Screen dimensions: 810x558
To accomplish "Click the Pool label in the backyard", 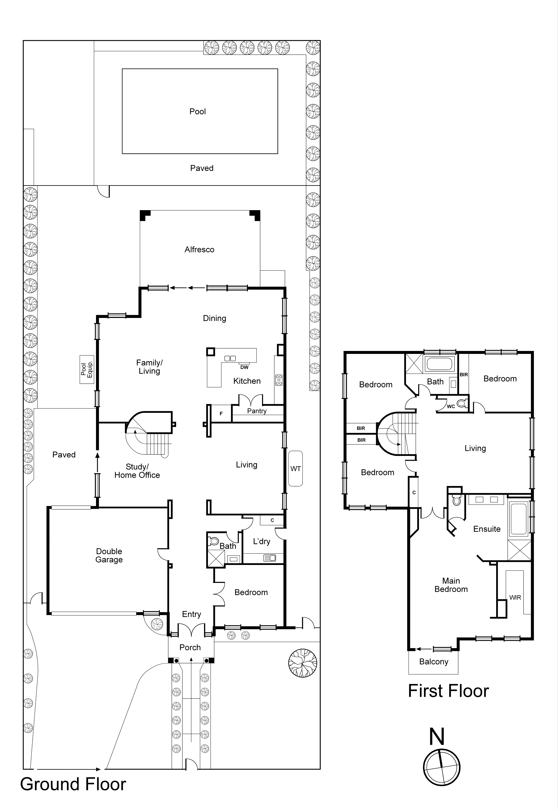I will pyautogui.click(x=198, y=111).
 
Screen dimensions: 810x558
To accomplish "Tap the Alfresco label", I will pyautogui.click(x=199, y=249).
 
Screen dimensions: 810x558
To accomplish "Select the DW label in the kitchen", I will pyautogui.click(x=244, y=367).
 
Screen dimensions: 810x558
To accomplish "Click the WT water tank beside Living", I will pyautogui.click(x=295, y=469).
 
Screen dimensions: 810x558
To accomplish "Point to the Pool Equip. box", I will pyautogui.click(x=87, y=369).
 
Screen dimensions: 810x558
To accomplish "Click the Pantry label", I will pyautogui.click(x=257, y=411).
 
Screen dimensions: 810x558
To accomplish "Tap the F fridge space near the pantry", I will pyautogui.click(x=221, y=414).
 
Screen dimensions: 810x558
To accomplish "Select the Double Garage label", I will pyautogui.click(x=109, y=555).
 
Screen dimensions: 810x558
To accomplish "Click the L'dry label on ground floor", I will pyautogui.click(x=262, y=541).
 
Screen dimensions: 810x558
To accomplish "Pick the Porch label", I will pyautogui.click(x=190, y=647).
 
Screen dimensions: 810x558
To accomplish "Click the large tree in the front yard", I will pyautogui.click(x=303, y=663).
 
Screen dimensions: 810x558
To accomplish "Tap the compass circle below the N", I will pyautogui.click(x=442, y=768).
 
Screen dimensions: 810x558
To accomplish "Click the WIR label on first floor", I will pyautogui.click(x=515, y=597).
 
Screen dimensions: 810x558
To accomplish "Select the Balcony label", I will pyautogui.click(x=434, y=662).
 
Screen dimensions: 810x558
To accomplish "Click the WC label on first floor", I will pyautogui.click(x=451, y=406).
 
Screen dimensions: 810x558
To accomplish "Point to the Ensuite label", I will pyautogui.click(x=487, y=529).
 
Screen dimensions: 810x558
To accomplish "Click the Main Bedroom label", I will pyautogui.click(x=451, y=585).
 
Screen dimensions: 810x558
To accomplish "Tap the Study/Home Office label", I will pyautogui.click(x=137, y=471).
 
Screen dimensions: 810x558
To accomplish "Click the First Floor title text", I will pyautogui.click(x=448, y=691).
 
